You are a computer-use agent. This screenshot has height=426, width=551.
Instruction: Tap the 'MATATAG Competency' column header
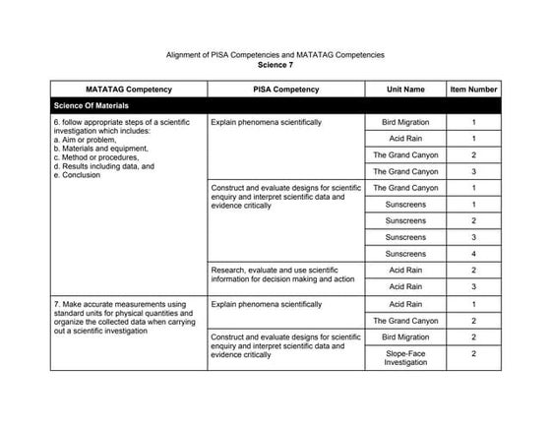pos(129,90)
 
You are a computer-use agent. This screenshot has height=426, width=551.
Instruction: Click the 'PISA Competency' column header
pos(285,90)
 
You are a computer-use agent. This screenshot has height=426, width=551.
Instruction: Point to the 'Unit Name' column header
pos(405,90)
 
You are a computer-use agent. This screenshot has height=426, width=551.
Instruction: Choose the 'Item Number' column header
pos(473,90)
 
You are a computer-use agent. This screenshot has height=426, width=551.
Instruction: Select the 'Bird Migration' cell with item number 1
pos(405,122)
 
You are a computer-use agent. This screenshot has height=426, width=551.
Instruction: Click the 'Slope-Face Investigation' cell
pos(405,358)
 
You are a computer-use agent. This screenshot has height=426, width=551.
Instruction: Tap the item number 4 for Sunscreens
pos(473,254)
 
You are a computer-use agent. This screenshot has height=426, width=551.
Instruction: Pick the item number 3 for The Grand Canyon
pos(473,171)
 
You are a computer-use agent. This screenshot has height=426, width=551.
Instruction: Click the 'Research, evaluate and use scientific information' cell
pos(283,274)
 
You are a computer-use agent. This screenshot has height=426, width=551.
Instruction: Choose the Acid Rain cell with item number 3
pos(405,286)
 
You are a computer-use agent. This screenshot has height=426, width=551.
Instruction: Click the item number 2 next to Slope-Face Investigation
pos(473,354)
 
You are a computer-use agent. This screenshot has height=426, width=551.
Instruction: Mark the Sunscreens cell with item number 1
pos(405,205)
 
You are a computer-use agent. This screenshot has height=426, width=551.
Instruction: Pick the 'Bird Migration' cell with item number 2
pos(405,336)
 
